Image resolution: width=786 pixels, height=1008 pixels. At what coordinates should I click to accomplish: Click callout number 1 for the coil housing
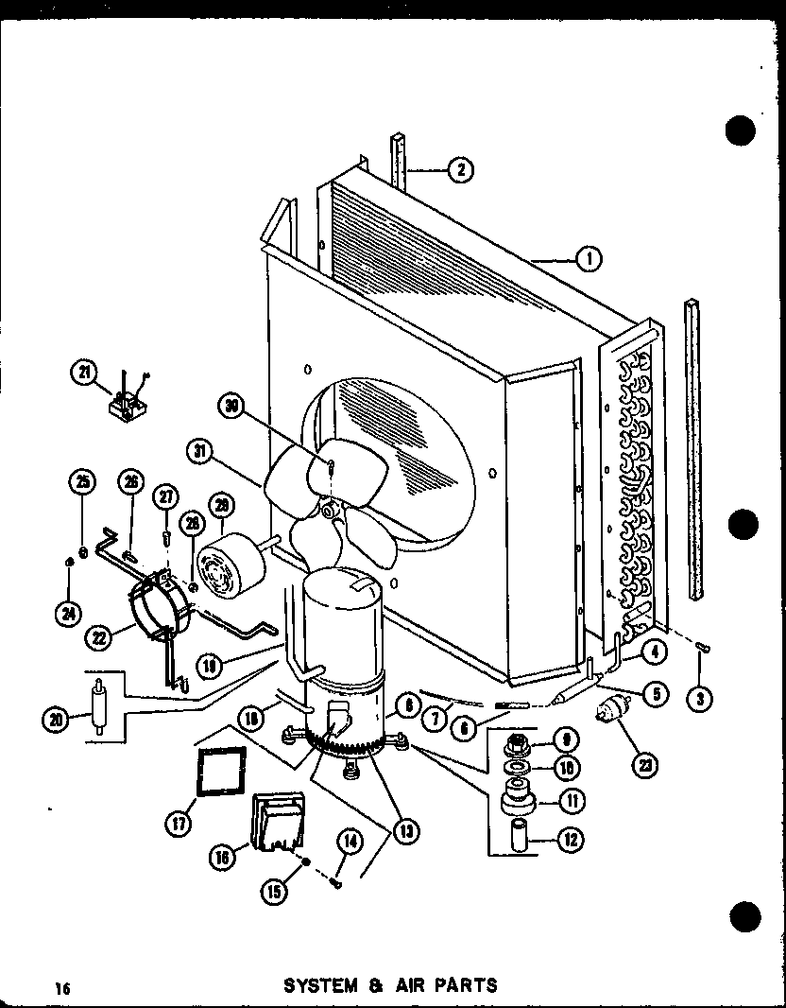pos(589,256)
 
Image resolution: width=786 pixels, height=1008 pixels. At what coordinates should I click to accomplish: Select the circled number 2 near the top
pos(459,170)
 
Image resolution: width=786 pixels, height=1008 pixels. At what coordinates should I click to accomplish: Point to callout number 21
pos(85,374)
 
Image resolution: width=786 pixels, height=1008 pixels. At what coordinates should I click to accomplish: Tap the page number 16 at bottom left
pos(63,988)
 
